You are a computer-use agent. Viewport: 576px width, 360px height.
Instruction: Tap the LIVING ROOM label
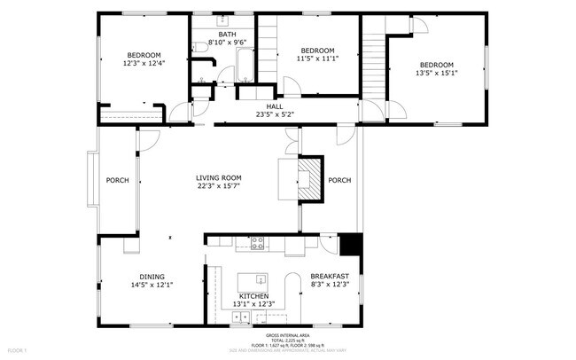[219, 178]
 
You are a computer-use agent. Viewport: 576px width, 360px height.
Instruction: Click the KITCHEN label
[253, 296]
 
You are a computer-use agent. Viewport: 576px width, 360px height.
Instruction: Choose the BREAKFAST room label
[329, 277]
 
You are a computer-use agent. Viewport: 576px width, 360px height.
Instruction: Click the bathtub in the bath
[244, 67]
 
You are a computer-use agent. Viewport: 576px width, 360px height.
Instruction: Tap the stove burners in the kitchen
[258, 242]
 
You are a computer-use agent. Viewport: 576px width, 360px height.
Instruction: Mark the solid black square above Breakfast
[350, 244]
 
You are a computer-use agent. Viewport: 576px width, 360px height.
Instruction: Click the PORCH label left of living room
[118, 180]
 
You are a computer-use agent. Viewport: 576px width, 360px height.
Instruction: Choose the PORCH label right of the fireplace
[339, 180]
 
